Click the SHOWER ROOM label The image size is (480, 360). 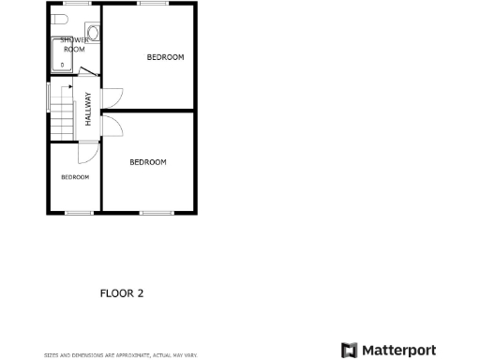(x=74, y=44)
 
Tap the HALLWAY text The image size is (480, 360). (x=89, y=109)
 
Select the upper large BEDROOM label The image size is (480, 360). (x=165, y=57)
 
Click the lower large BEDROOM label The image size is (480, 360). (x=147, y=162)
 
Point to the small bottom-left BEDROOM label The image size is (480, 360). (x=75, y=177)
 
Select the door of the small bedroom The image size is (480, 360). (x=86, y=154)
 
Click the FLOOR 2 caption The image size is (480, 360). (x=122, y=293)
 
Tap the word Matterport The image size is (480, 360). (x=398, y=351)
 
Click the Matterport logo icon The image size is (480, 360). (x=349, y=351)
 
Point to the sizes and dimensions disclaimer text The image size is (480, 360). (x=120, y=355)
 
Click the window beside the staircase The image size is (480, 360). (x=50, y=97)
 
